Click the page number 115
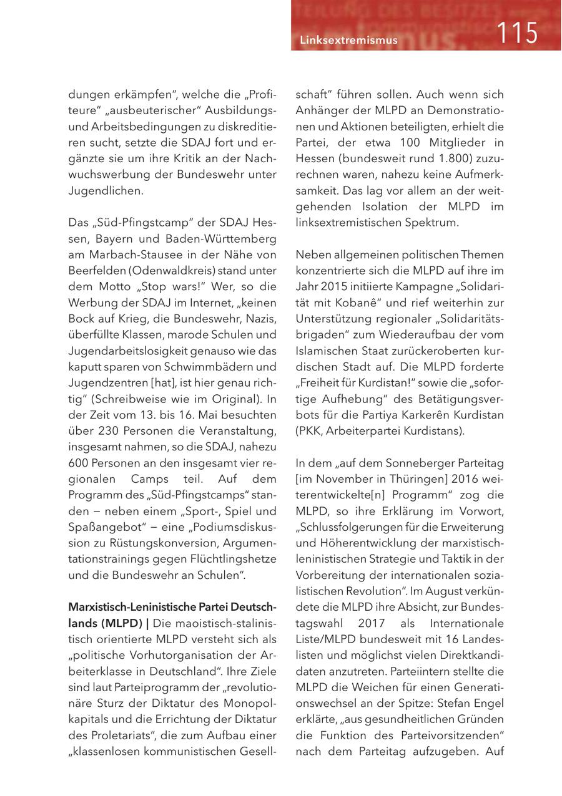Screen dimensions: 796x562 point(518,32)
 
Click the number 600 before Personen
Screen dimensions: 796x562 point(79,463)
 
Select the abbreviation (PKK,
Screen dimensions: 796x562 point(309,432)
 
